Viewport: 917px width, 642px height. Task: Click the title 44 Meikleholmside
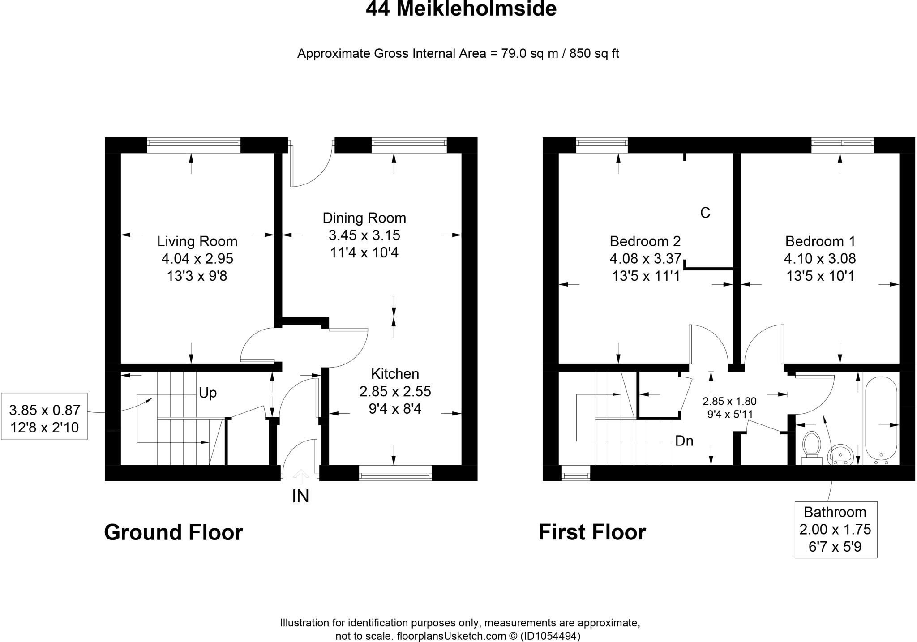pos(461,9)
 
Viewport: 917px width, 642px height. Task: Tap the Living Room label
pos(197,241)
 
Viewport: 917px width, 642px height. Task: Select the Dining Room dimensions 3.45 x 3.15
pos(364,235)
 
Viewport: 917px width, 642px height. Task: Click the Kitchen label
pos(395,374)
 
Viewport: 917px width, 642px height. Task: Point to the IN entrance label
pos(300,496)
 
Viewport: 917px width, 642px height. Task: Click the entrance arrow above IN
pos(300,477)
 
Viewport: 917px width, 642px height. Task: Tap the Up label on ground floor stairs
pos(208,393)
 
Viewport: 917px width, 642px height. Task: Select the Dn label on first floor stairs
pos(684,441)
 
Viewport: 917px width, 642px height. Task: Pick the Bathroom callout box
pos(836,530)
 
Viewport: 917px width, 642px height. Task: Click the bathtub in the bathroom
pos(881,419)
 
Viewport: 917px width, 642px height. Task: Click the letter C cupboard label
pos(705,213)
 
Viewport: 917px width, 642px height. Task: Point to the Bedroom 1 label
pos(820,241)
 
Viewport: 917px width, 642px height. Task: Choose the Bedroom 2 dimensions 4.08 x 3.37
pos(645,259)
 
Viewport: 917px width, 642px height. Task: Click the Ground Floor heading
pos(173,532)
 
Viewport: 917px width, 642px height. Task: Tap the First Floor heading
pos(592,532)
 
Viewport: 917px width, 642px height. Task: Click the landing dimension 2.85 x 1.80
pos(729,402)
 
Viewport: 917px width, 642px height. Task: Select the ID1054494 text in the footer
pos(550,636)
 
